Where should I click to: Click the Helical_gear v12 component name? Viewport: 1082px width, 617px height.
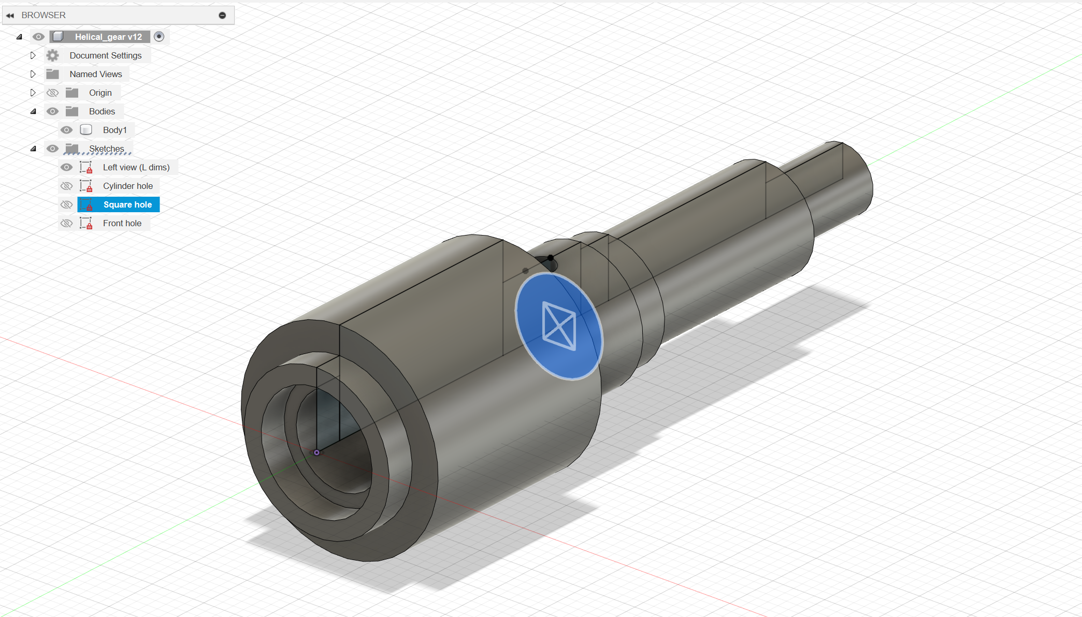coord(108,37)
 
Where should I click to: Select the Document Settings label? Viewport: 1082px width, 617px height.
coord(105,55)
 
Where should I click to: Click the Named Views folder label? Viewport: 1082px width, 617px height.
coord(96,74)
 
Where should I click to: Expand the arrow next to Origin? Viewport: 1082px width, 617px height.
coord(33,93)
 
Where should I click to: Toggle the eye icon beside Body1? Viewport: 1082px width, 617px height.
coord(66,130)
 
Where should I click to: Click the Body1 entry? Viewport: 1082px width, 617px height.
coord(114,130)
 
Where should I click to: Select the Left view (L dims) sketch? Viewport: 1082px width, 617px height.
coord(136,167)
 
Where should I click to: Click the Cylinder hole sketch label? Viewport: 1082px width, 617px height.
coord(127,186)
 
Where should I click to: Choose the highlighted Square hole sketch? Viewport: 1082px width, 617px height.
coord(127,204)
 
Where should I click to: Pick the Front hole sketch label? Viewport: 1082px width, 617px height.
coord(122,223)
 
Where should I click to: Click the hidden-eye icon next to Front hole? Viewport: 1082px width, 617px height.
coord(66,223)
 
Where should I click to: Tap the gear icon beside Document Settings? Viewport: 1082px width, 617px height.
coord(52,55)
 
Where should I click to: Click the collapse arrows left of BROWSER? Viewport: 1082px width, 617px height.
coord(10,16)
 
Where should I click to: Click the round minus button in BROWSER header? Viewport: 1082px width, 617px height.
coord(222,16)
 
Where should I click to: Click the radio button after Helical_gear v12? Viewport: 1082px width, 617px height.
coord(159,37)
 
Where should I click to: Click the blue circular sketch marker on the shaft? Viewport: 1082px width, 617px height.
coord(559,327)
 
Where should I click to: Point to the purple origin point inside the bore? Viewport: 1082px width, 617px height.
coord(316,452)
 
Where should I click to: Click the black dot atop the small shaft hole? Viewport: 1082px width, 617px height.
coord(550,257)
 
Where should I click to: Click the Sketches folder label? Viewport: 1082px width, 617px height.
coord(106,149)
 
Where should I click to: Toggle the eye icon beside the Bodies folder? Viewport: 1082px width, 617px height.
coord(52,111)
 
